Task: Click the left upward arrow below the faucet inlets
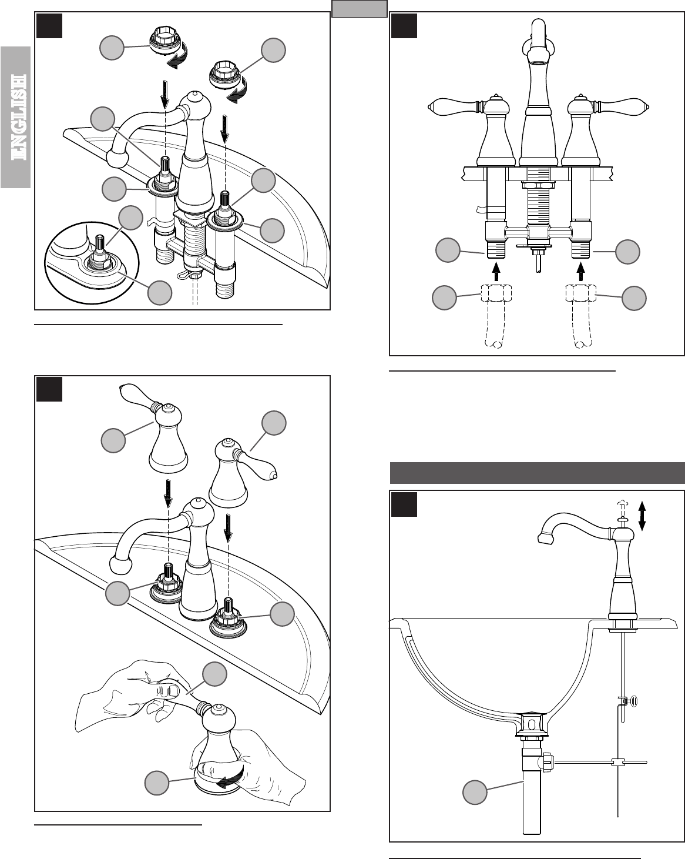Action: (497, 271)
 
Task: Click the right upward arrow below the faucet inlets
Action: (582, 271)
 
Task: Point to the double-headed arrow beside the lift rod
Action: (642, 516)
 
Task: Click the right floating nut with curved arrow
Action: (226, 77)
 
